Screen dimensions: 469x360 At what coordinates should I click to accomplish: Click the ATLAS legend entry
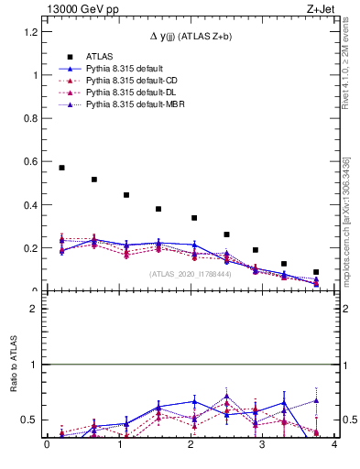click(101, 56)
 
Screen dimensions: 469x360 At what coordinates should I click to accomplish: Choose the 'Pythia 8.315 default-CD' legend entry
click(133, 82)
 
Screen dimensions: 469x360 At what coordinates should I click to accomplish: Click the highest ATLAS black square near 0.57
click(61, 168)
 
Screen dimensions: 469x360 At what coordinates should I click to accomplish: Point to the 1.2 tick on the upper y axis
click(33, 32)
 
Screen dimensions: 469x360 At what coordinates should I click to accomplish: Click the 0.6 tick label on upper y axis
click(33, 162)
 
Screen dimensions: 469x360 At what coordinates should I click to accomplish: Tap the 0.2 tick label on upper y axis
click(33, 248)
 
